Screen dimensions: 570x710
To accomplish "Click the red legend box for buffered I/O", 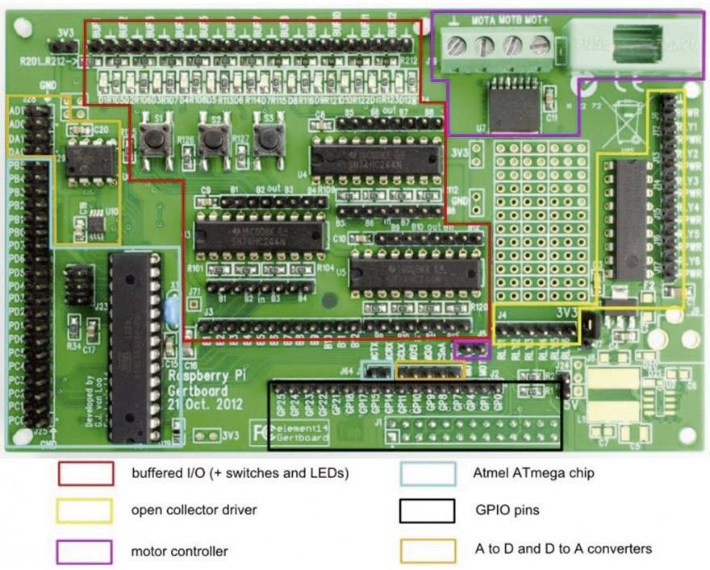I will (x=85, y=474).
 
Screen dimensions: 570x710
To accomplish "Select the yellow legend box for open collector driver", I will (x=85, y=511).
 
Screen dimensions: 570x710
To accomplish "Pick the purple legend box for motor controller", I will (x=85, y=551).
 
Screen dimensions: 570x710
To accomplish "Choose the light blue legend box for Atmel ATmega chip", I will (x=427, y=474).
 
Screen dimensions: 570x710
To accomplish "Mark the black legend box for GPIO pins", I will (x=427, y=511).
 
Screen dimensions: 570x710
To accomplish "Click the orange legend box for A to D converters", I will (x=427, y=551).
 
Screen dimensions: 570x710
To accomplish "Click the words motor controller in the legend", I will (x=179, y=551).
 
